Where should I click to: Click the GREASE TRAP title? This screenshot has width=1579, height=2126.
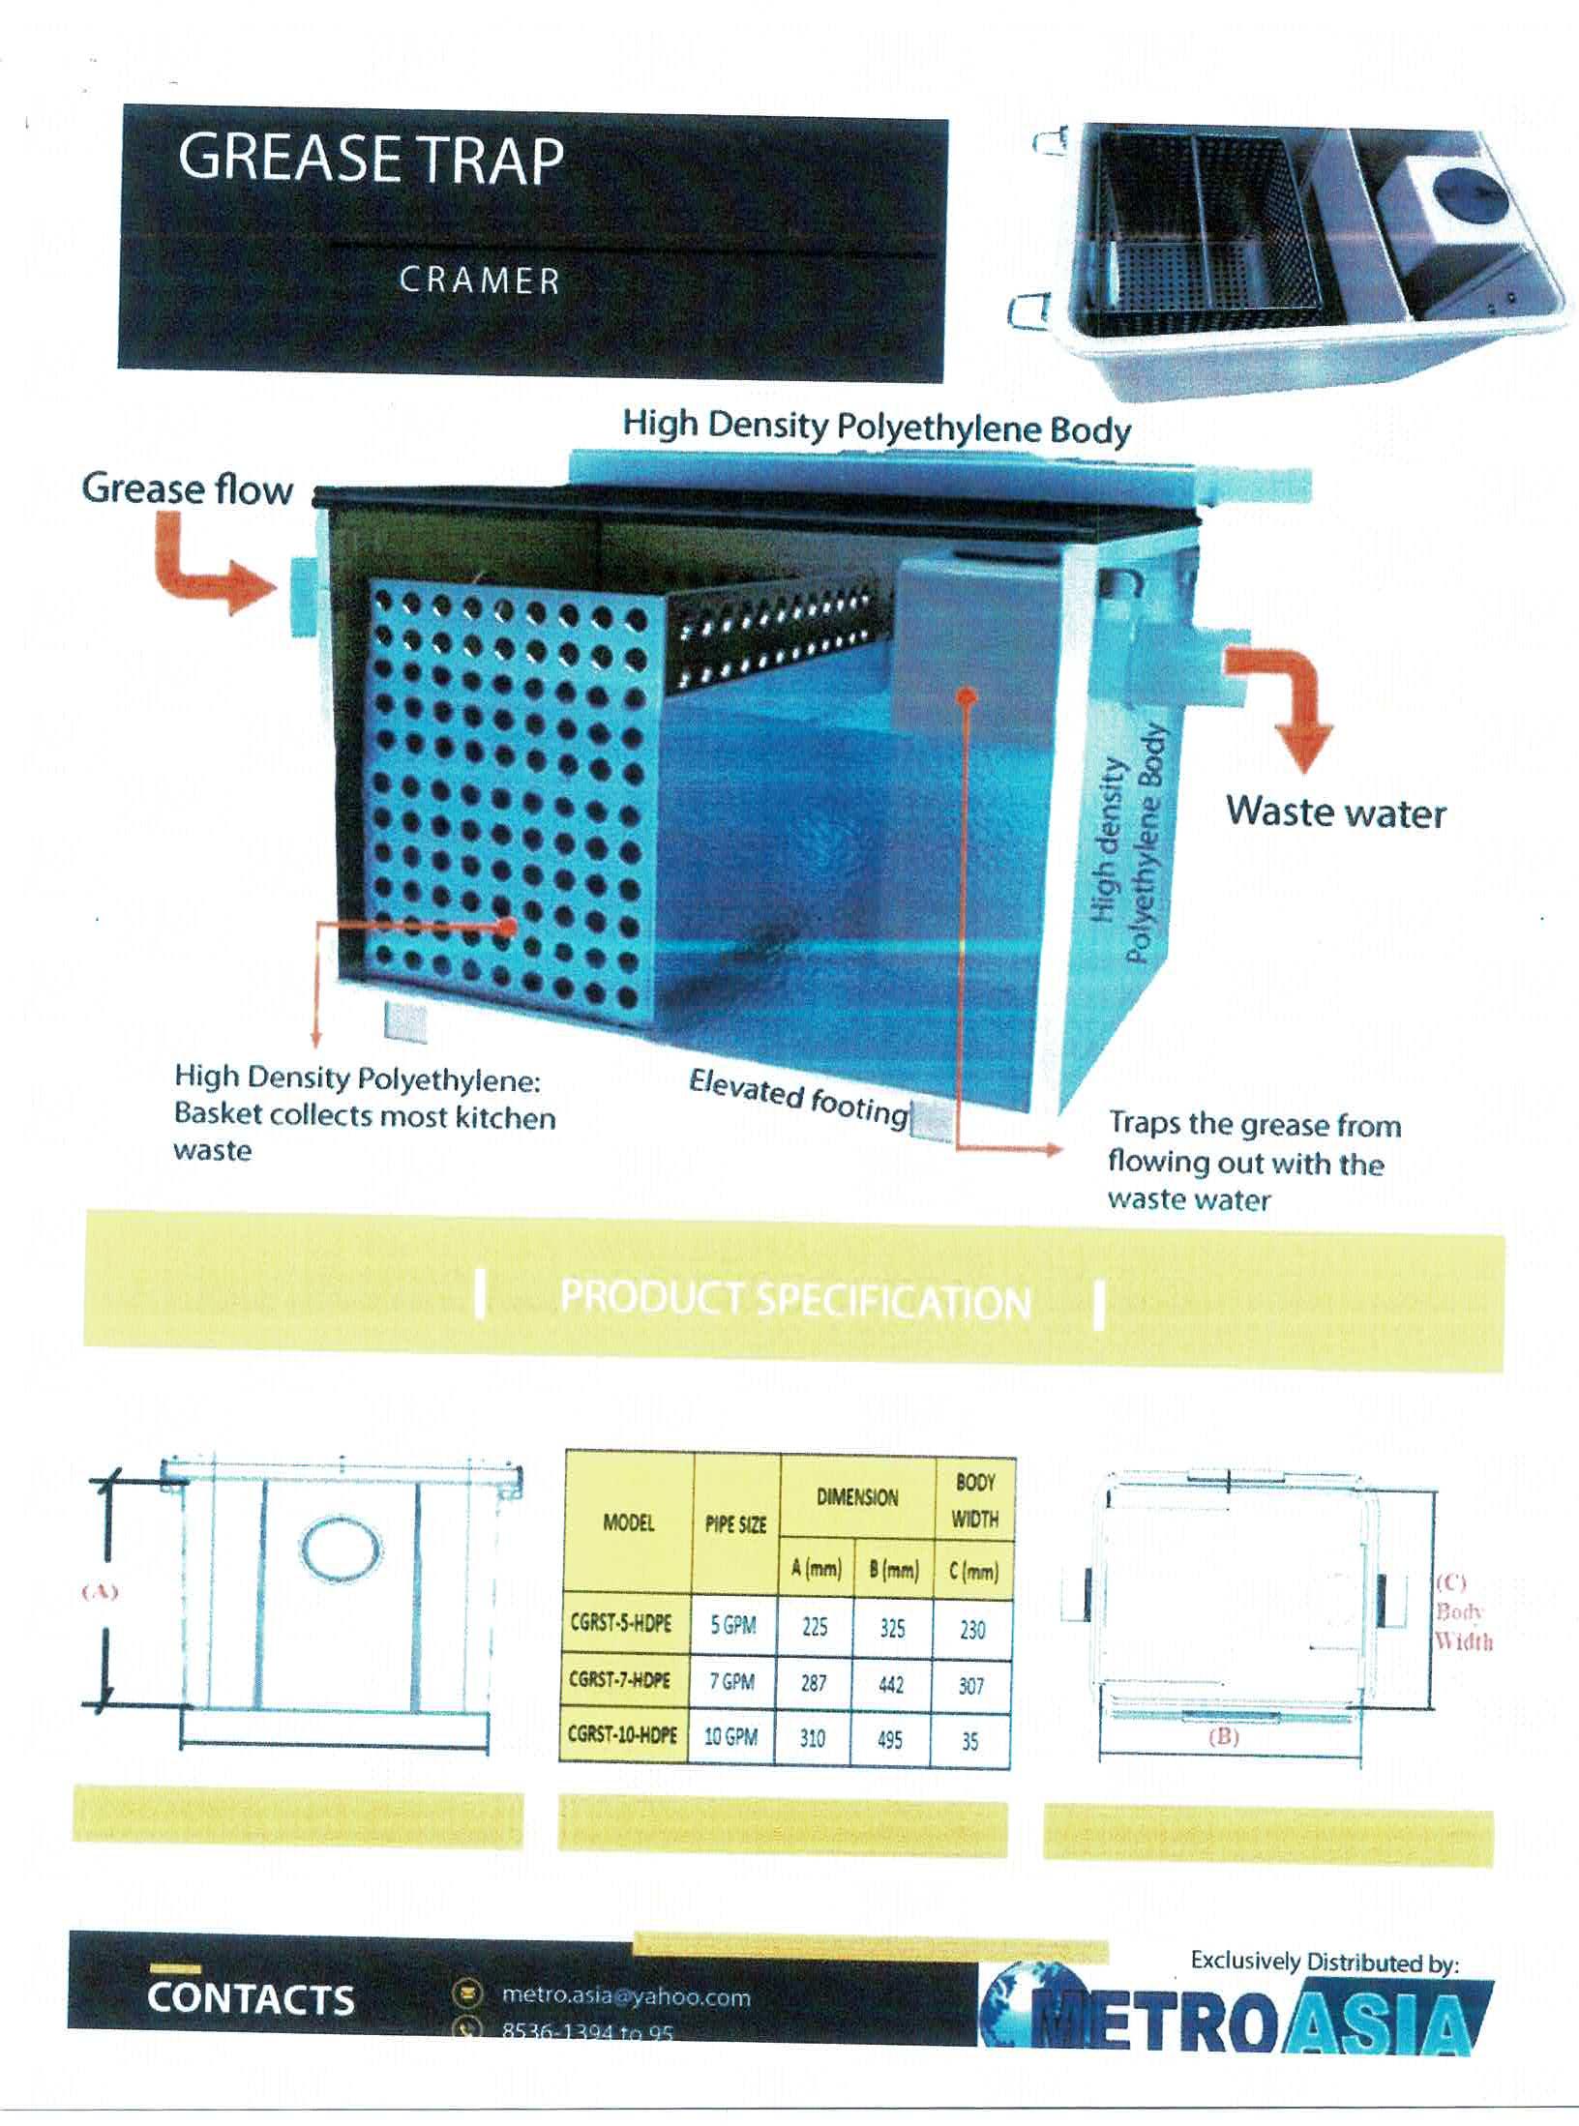click(371, 160)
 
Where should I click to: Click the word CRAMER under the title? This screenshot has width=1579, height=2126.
click(480, 281)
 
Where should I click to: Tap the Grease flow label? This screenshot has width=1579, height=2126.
click(187, 489)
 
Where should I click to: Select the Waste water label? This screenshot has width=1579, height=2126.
click(1336, 812)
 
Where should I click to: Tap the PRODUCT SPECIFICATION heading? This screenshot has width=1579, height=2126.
click(795, 1301)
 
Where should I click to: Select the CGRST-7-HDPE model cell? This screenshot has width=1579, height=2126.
click(621, 1680)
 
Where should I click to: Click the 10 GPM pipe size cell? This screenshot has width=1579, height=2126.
click(730, 1736)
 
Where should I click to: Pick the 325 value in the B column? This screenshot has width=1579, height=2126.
click(892, 1628)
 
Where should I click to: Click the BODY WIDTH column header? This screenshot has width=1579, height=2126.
click(974, 1500)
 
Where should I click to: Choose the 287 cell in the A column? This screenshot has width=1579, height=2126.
click(814, 1683)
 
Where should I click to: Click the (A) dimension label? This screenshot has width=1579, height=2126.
click(100, 1591)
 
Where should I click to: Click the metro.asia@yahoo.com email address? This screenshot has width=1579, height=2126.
click(626, 1995)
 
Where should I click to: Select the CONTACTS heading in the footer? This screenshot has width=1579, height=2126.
click(251, 1999)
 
